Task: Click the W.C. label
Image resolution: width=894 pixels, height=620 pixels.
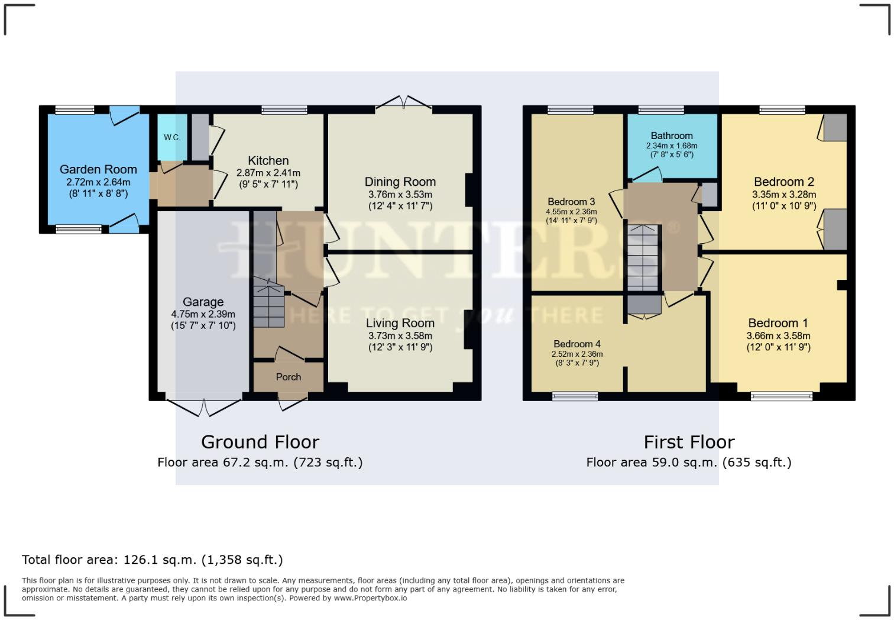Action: tap(172, 138)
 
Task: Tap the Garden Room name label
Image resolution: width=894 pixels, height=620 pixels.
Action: tap(98, 169)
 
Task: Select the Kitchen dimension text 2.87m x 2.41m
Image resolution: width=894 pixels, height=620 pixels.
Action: tap(268, 173)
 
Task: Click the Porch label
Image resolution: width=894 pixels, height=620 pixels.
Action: tap(288, 377)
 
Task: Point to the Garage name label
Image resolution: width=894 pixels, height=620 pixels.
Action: tap(203, 302)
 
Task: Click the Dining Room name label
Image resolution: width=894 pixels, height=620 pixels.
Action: tap(400, 182)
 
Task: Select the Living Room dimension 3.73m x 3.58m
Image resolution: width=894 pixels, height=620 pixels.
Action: tap(400, 336)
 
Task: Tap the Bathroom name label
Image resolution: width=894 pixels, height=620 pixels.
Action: tap(672, 135)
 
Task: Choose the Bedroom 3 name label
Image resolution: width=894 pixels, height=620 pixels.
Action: tap(572, 202)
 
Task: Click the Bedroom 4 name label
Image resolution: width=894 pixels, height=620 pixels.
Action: tap(577, 344)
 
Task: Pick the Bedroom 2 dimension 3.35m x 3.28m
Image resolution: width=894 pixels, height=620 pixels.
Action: tap(784, 195)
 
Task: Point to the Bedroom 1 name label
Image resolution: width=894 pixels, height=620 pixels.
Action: tap(778, 323)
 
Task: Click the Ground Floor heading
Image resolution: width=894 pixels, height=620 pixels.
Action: tap(260, 443)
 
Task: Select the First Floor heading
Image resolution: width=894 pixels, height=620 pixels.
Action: tap(689, 443)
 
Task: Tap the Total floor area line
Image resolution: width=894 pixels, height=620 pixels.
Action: tap(152, 560)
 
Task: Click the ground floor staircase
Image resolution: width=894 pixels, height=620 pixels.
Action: tap(268, 303)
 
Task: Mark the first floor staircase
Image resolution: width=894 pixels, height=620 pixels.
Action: tap(643, 258)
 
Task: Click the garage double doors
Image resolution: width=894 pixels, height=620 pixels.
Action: tap(204, 407)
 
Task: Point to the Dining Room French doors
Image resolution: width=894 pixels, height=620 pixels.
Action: tap(403, 102)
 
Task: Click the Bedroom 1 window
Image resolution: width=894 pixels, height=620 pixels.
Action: tap(782, 396)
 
